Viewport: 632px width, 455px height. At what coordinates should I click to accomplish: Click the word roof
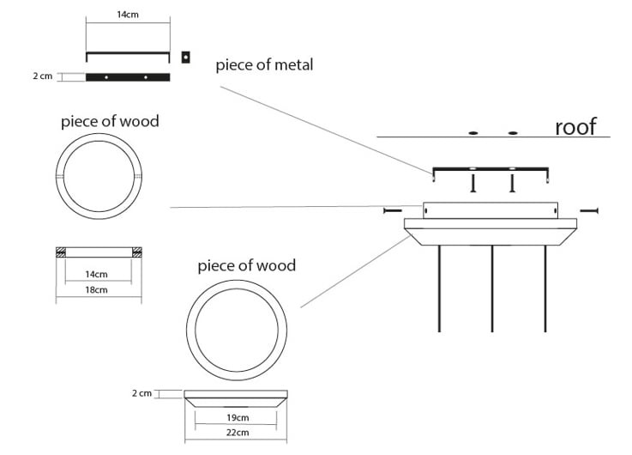[x=575, y=127]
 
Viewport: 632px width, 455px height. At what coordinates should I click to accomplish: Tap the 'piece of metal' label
[x=264, y=65]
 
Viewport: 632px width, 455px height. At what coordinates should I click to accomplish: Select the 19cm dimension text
[x=238, y=417]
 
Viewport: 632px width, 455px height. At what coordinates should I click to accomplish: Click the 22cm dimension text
[x=238, y=433]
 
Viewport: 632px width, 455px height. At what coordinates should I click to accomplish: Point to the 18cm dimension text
[x=96, y=289]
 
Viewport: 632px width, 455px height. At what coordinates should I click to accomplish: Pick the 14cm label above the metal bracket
[x=128, y=15]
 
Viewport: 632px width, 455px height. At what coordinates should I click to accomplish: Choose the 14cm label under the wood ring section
[x=96, y=275]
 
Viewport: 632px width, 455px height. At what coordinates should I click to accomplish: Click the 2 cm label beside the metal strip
[x=43, y=76]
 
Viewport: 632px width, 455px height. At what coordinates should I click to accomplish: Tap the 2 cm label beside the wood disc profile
[x=141, y=393]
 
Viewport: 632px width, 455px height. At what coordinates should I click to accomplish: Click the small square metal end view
[x=185, y=58]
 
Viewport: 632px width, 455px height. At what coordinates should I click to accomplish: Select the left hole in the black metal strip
[x=106, y=77]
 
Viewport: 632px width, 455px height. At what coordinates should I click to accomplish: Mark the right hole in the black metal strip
[x=146, y=77]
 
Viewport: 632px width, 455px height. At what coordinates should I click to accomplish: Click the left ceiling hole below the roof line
[x=473, y=133]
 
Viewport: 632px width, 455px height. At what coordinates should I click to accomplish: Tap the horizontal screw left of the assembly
[x=393, y=210]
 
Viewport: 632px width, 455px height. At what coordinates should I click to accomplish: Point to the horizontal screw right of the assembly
[x=589, y=210]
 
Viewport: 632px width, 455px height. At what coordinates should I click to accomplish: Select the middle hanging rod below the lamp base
[x=492, y=288]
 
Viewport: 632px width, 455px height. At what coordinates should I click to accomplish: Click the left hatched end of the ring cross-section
[x=61, y=252]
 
